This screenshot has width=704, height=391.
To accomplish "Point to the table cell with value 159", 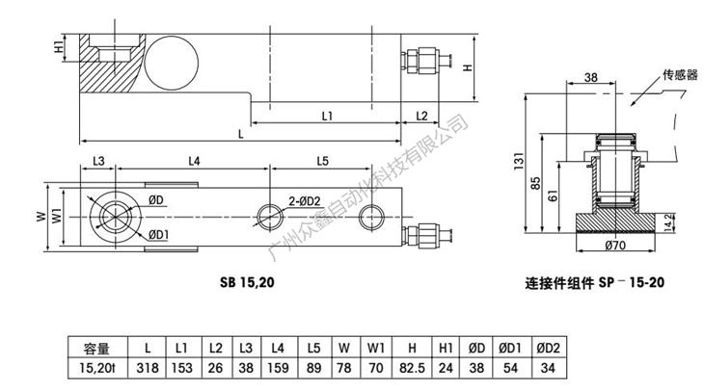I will click(x=278, y=368).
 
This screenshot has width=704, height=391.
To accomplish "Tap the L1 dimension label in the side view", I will click(x=327, y=116).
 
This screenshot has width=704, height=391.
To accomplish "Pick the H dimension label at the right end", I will click(x=467, y=67).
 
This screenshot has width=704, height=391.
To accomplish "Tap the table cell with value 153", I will click(x=180, y=368).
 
